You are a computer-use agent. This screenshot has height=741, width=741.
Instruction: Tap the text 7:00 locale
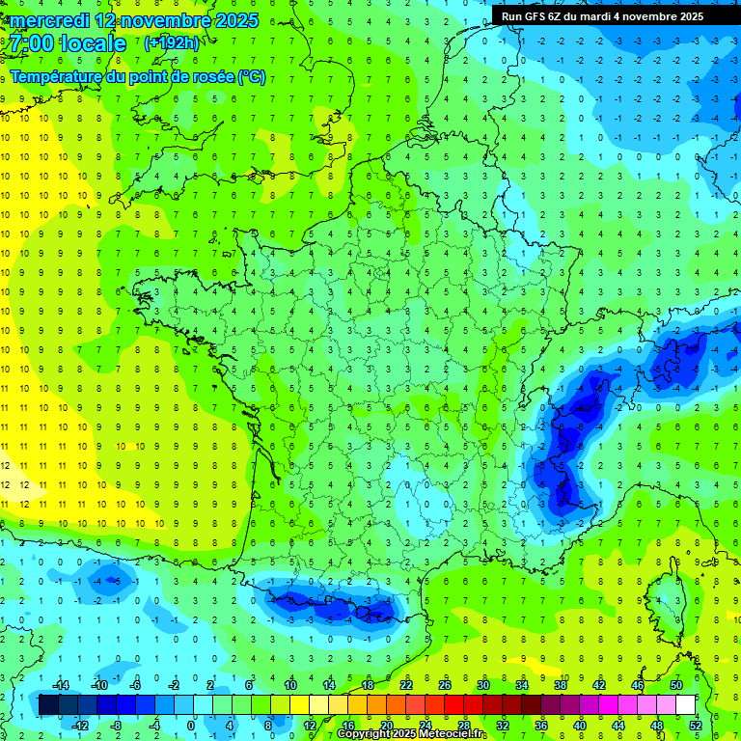tap(69, 43)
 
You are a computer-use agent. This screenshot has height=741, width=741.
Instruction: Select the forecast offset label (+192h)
tap(171, 42)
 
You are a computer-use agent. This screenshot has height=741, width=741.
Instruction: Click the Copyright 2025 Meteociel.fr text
tap(412, 734)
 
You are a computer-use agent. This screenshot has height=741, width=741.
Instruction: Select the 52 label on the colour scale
tap(696, 726)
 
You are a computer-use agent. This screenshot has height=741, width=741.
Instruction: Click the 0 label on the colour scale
tap(192, 726)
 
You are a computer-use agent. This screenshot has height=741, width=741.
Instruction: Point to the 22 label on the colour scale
tap(406, 685)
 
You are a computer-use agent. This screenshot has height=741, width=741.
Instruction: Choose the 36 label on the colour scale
tap(541, 726)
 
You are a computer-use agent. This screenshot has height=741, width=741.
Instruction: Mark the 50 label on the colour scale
tap(676, 685)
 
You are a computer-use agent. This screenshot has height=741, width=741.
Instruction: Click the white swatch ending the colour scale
tap(686, 705)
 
